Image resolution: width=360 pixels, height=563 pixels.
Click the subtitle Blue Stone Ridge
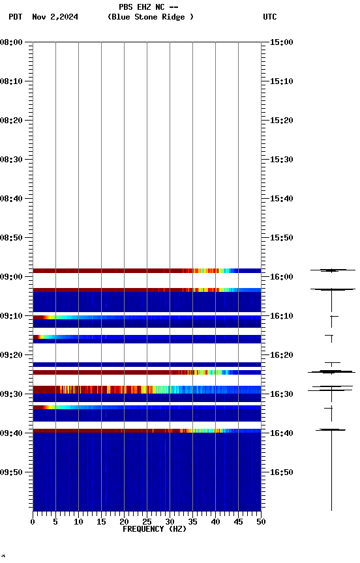tap(151, 17)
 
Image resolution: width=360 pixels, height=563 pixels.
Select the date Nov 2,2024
tap(55, 17)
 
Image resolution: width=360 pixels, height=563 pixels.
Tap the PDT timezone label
tap(16, 17)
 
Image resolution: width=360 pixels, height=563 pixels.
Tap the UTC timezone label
tap(269, 17)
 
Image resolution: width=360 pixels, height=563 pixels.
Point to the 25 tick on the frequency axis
tap(147, 521)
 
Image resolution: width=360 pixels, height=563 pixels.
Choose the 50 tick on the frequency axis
tap(261, 521)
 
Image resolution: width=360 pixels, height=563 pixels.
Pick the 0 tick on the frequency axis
tap(33, 521)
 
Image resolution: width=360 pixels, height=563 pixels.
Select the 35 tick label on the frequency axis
tap(192, 521)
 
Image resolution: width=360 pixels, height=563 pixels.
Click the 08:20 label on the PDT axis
tap(12, 121)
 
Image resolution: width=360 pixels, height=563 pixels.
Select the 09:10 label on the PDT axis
tap(12, 316)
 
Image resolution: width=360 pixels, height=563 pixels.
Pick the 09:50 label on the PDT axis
tap(12, 472)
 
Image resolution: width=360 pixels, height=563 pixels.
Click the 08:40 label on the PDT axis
tap(12, 199)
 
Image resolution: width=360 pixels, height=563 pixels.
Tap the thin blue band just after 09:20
tap(147, 364)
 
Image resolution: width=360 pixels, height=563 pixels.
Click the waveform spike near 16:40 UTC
tap(331, 429)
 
